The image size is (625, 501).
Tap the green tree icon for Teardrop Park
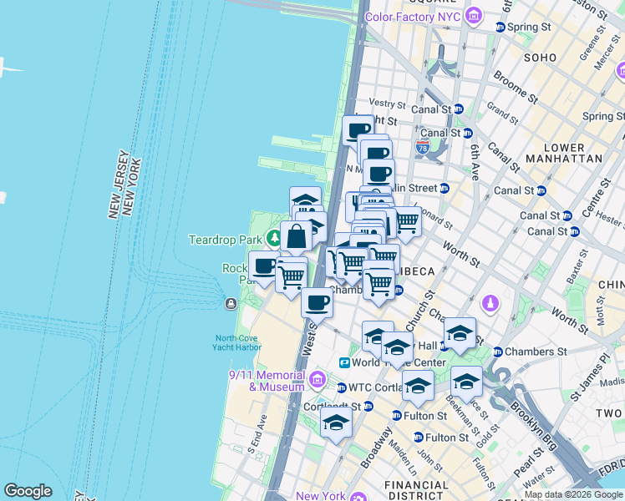[274, 240]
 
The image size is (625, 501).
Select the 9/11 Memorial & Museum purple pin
[317, 382]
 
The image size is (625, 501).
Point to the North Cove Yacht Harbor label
[238, 342]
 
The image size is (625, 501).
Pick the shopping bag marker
[297, 235]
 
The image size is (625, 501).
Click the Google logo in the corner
[28, 491]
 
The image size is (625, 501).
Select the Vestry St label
[387, 104]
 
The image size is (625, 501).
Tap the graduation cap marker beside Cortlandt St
[336, 423]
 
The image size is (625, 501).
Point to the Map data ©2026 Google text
[573, 494]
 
